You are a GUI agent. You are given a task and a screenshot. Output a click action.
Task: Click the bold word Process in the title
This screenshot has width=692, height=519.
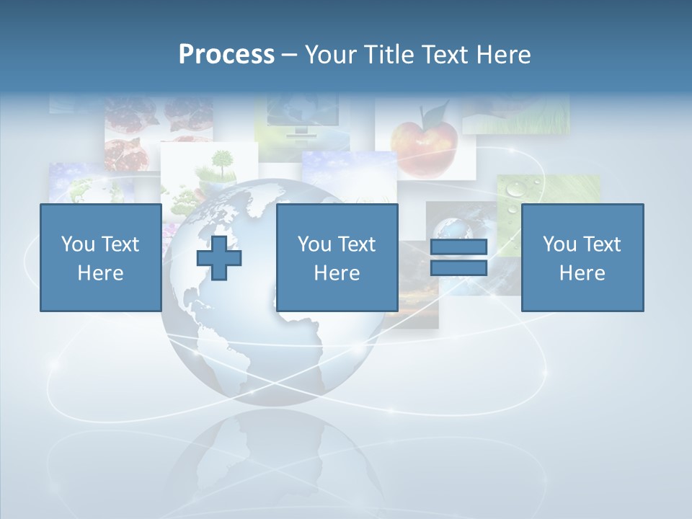coord(226,54)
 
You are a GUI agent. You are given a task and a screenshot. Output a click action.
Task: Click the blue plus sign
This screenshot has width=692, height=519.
coord(219,257)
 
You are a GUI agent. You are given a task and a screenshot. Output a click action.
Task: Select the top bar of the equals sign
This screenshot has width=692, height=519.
coord(458,247)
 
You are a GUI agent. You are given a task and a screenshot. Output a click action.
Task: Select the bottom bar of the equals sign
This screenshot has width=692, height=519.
coord(458,267)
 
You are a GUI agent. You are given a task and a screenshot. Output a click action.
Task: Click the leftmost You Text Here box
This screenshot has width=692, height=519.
coord(100,257)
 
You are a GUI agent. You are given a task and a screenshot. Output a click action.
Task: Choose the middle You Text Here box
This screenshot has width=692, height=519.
coord(337,257)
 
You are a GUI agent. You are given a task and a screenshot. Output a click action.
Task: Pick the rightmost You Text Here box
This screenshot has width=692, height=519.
coord(582,257)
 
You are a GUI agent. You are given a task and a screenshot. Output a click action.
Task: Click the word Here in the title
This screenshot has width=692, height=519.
coord(503,54)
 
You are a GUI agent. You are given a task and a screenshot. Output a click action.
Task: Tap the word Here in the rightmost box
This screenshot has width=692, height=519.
coord(582,272)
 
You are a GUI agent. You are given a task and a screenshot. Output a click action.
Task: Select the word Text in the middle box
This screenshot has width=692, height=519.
coord(358,244)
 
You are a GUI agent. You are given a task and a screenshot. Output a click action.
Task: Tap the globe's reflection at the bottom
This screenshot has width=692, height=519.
coord(274,461)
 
